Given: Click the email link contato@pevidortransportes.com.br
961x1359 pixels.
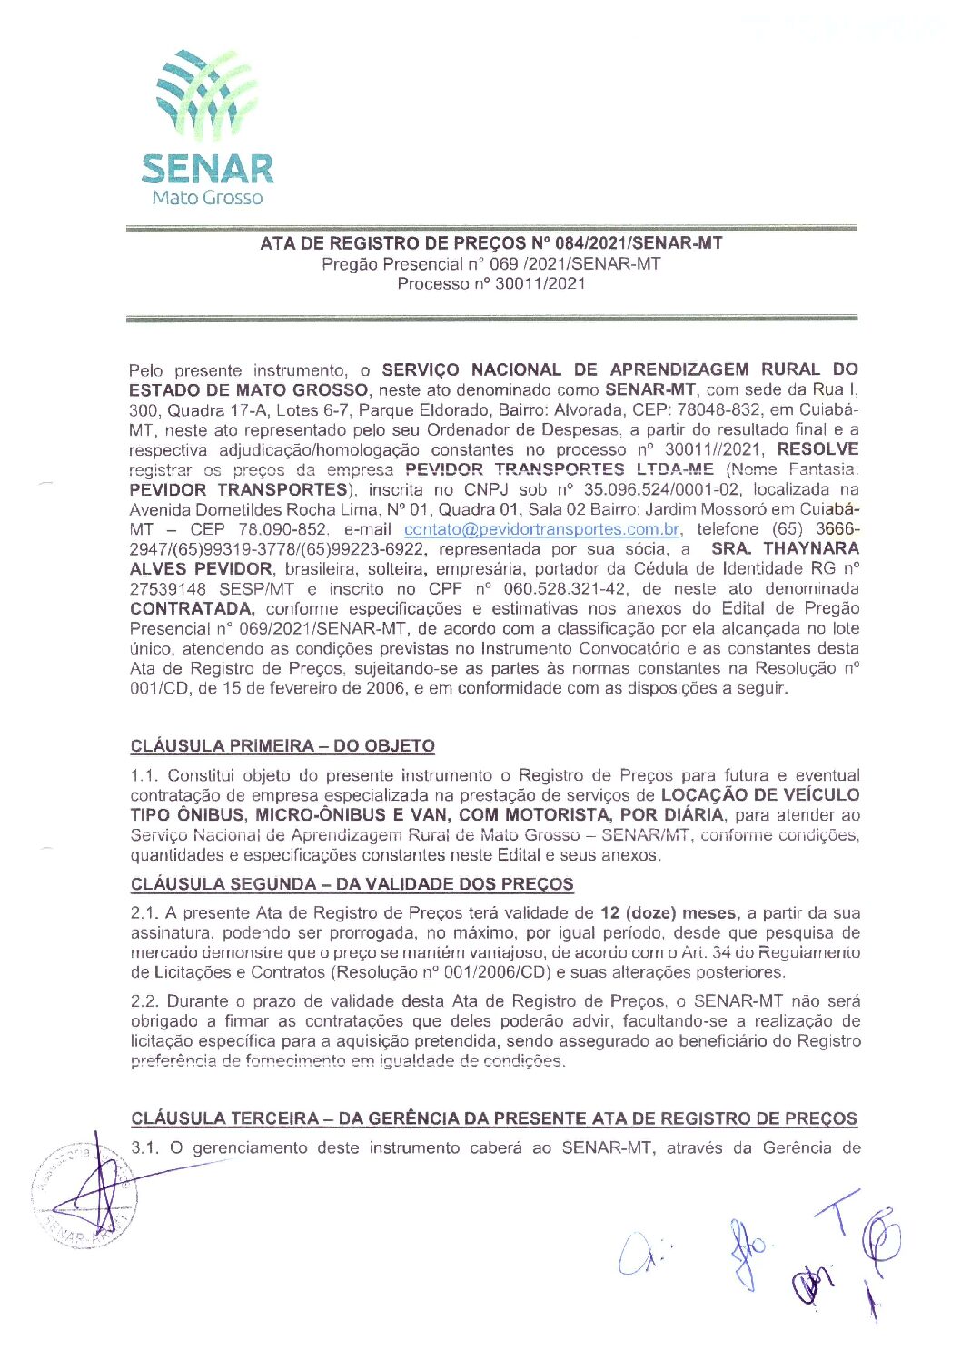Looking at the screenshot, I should [541, 529].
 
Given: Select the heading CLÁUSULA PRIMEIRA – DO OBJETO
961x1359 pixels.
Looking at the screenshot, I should [282, 746].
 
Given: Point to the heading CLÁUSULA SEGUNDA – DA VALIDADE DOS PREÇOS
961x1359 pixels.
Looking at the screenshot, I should [352, 884].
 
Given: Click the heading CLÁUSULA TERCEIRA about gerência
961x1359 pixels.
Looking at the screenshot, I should [493, 1118].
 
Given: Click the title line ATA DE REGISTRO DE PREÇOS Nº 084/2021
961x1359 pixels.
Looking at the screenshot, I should [490, 243].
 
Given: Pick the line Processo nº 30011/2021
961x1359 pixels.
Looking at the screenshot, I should [490, 283].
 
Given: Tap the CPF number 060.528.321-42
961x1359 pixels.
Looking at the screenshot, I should [565, 588].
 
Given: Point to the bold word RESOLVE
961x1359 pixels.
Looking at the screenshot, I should [817, 449].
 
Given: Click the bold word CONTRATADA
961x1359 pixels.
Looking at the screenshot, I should [191, 608].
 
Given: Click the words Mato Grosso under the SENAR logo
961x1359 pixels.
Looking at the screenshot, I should [207, 198].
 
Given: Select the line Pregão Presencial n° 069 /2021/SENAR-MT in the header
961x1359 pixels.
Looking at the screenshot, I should [490, 264].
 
